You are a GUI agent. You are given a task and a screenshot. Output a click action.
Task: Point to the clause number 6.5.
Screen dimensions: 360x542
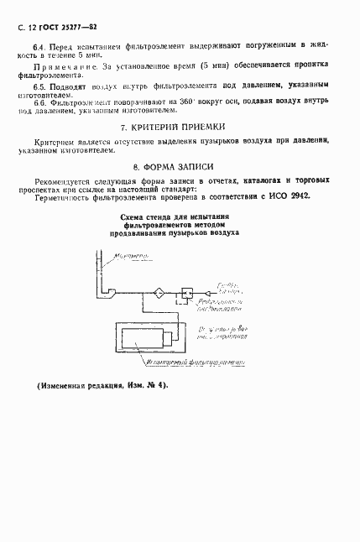(x=39, y=86)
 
